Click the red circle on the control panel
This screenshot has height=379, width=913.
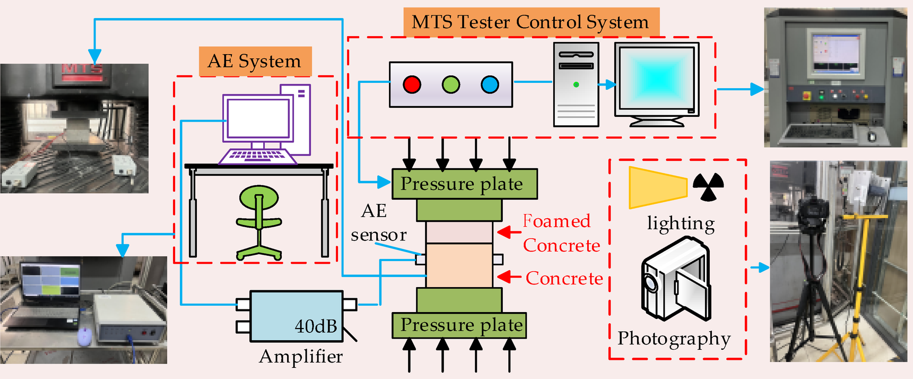[x=412, y=84]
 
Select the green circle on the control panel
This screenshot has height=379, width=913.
[x=451, y=84]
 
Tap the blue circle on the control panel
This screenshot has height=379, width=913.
[x=490, y=84]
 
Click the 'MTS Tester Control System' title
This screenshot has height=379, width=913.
[x=531, y=22]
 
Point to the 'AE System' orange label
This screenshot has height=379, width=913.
[x=255, y=61]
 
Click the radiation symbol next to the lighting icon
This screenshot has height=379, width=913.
[x=708, y=186]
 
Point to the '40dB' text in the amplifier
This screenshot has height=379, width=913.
[x=316, y=326]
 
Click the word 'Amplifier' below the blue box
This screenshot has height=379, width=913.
[x=301, y=356]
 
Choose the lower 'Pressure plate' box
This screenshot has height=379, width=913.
[x=459, y=325]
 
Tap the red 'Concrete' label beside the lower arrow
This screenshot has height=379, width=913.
[x=564, y=278]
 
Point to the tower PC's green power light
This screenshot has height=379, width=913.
[x=576, y=84]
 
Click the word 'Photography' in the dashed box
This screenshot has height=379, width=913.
[x=674, y=338]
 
